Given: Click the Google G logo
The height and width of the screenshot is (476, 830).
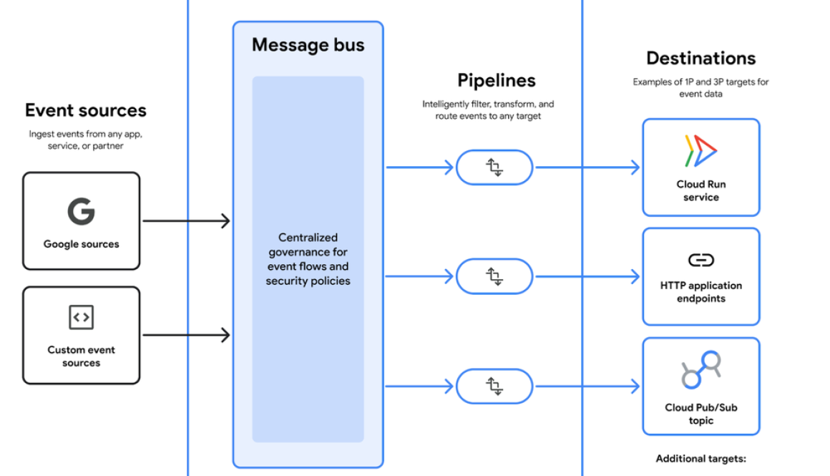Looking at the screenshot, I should click(81, 211).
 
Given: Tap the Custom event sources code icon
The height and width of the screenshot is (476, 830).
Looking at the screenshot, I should click(81, 317).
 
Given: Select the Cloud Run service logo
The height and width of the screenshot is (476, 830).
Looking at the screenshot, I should click(700, 151).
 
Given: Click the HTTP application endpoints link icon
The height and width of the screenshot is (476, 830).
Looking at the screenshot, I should click(700, 260).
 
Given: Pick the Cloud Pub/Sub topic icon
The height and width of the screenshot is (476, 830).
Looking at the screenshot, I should click(700, 369).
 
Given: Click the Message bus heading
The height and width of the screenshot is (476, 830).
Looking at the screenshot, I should click(308, 44).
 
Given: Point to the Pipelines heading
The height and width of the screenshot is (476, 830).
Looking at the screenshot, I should click(497, 80).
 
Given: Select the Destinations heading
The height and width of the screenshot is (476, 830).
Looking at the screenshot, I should click(700, 58).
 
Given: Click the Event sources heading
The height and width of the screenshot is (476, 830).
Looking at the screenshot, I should click(86, 110).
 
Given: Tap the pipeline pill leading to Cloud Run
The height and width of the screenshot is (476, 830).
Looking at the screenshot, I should click(494, 167).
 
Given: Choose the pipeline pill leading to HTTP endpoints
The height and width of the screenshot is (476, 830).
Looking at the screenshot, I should click(494, 276).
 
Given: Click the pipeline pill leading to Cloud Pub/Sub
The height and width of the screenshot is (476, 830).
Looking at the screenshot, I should click(494, 387).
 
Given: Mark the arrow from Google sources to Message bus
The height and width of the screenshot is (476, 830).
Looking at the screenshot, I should click(186, 221).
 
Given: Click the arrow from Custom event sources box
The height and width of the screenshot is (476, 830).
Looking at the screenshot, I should click(186, 334).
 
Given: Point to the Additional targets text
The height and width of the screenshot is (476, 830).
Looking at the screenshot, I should click(700, 459).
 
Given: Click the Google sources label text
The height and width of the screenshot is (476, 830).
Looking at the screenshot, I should click(81, 244).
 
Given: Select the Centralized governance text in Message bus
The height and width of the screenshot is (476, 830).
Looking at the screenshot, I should click(308, 259).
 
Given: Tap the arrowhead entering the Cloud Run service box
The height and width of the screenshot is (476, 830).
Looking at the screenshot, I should click(634, 167).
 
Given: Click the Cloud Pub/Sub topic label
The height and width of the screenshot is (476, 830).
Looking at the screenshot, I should click(700, 414).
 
